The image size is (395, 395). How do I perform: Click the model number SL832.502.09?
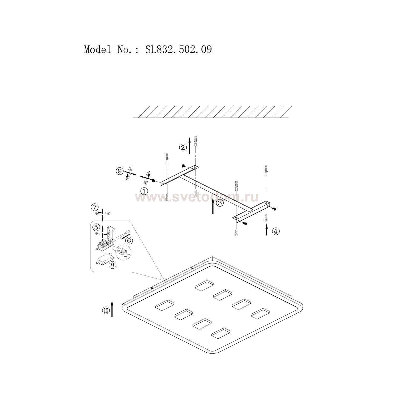(x=179, y=50)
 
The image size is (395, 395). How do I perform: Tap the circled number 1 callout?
(x=144, y=191)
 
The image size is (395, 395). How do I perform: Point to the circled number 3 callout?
(x=220, y=203)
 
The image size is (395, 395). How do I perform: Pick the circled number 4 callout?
(x=275, y=231)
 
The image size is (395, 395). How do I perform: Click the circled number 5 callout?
(x=96, y=226)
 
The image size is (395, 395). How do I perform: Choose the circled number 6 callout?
(x=129, y=240)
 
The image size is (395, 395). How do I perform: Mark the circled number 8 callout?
(x=112, y=265)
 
